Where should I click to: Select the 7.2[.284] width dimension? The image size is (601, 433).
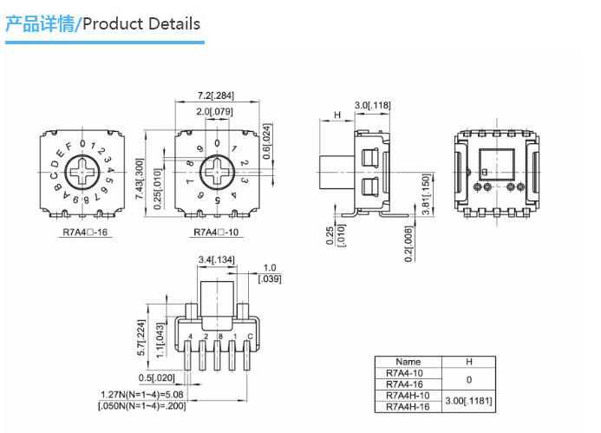(216, 95)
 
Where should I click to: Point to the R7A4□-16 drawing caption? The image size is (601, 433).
(85, 232)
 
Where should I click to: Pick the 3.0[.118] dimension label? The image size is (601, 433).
(373, 105)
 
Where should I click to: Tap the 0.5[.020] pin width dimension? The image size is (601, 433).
(156, 377)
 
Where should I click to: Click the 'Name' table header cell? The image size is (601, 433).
(408, 362)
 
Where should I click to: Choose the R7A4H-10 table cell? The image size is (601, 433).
(408, 395)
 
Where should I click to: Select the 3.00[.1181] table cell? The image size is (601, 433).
(468, 400)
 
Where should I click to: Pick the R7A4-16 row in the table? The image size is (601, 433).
(408, 384)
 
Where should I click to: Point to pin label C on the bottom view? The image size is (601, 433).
(250, 336)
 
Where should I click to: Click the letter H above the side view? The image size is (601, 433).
(336, 116)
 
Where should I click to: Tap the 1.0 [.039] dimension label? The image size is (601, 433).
(270, 272)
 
